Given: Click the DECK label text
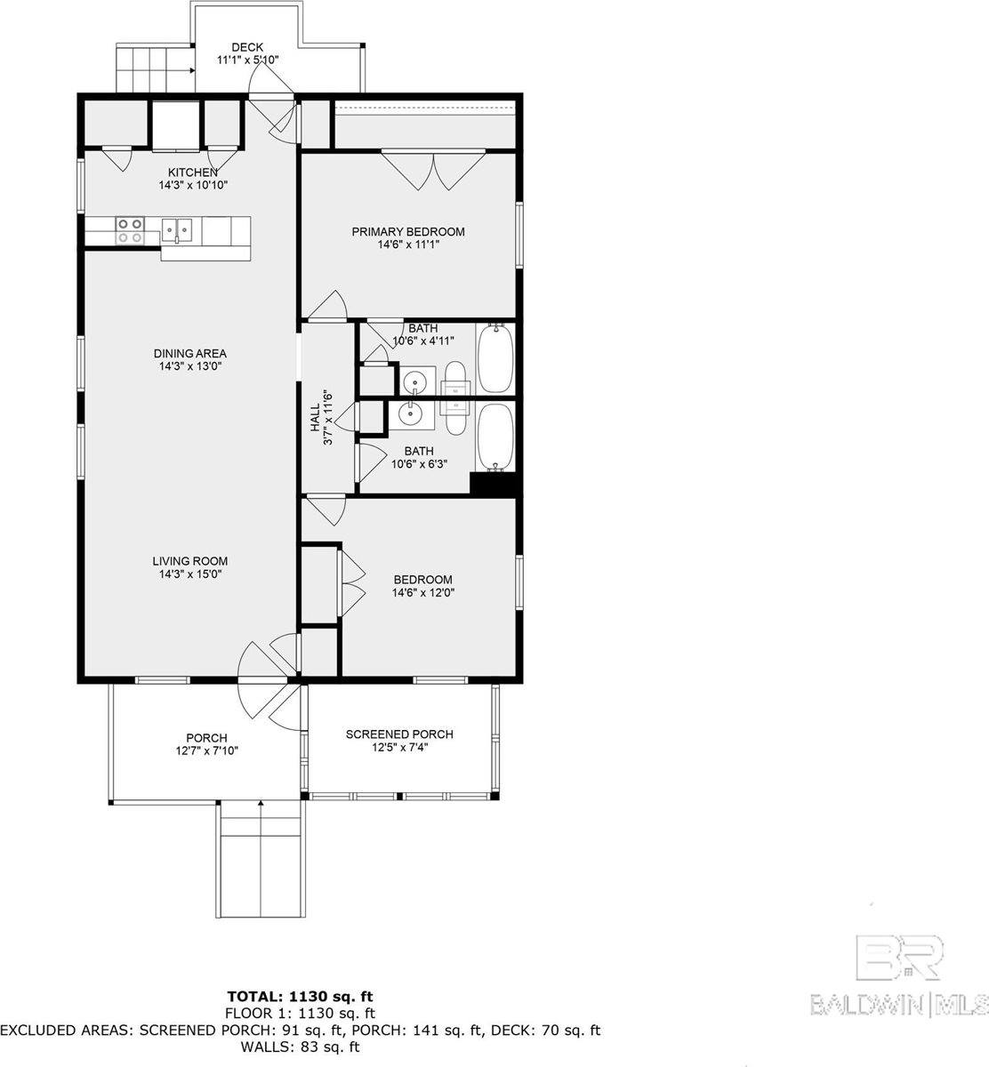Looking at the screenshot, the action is coord(247,47).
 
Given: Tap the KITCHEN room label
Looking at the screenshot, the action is coord(193,172).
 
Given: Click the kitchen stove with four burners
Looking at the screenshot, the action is coord(131,230).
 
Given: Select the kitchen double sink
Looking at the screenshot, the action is coord(177,231).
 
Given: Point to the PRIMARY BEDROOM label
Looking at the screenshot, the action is coord(408,231).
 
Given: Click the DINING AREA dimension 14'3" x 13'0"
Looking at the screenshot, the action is coord(190,366).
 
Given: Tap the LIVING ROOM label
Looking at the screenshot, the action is coord(190,561).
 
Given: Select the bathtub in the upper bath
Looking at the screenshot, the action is coord(496,357).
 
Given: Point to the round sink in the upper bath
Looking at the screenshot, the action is coord(415,382).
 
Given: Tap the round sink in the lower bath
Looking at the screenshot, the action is coord(410,413).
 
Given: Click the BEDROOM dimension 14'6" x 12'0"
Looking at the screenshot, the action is coord(423,592).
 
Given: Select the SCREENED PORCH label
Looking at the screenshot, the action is coord(399,734).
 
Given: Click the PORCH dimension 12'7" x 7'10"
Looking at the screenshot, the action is coord(207,750).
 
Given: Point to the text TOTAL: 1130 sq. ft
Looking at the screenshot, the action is coord(301,997).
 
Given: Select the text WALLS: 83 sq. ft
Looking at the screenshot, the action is coord(300,1047).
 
